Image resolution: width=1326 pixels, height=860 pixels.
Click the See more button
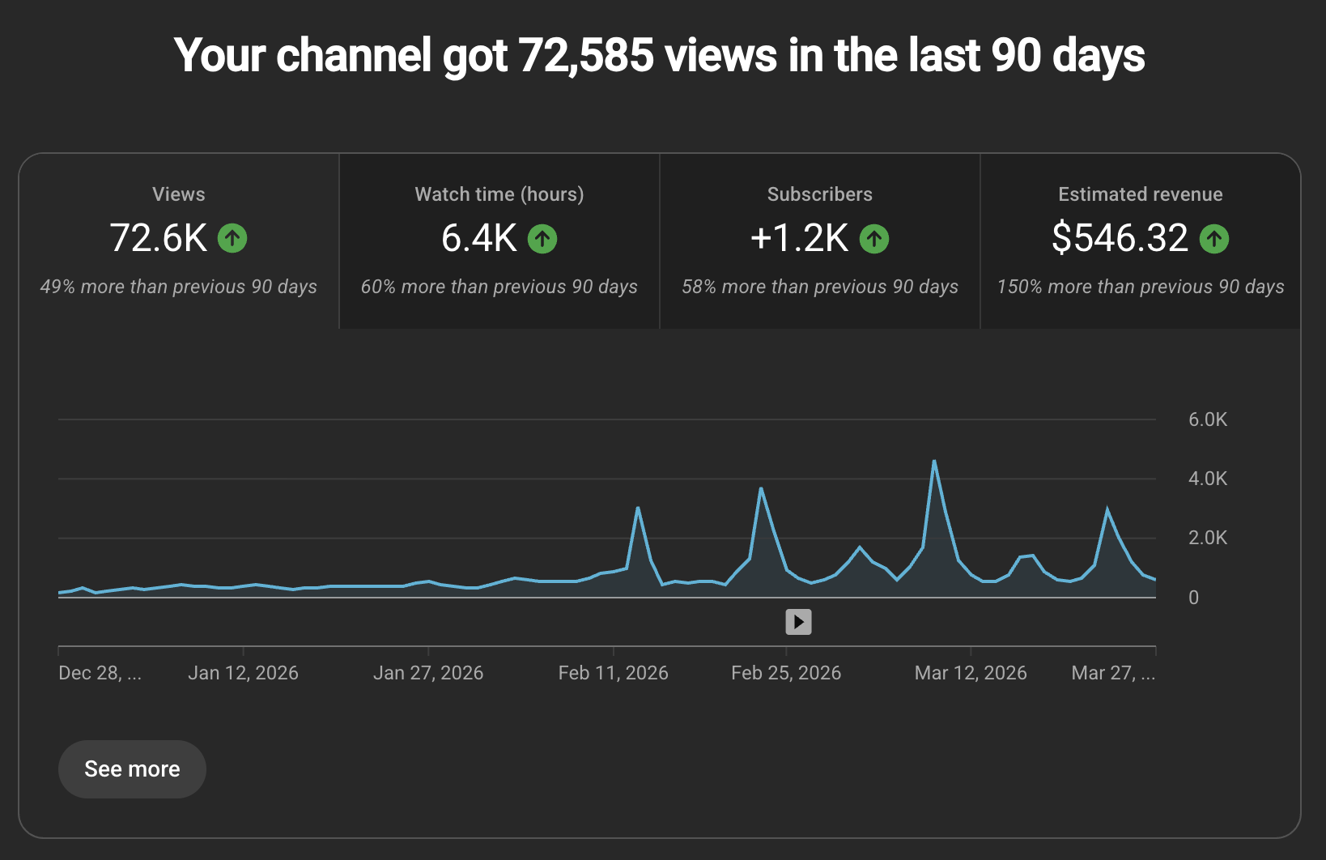point(132,768)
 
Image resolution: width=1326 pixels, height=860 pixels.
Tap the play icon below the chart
point(798,622)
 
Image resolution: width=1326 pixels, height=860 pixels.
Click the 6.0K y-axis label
point(1207,419)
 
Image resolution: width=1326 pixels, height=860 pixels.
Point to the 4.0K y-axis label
point(1207,479)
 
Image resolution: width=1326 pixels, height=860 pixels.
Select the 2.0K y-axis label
point(1207,538)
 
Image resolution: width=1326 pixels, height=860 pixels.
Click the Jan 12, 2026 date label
point(243,673)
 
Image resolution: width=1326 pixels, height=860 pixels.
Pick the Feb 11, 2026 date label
point(613,673)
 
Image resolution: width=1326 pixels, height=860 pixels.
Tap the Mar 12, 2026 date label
point(970,673)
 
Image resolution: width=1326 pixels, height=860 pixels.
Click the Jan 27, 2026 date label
point(427,673)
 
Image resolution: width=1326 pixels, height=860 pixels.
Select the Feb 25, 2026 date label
point(785,673)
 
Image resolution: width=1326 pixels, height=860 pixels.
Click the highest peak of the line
point(934,462)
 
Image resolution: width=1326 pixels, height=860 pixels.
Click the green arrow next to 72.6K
point(232,238)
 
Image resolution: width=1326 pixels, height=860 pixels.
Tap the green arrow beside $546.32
point(1213,239)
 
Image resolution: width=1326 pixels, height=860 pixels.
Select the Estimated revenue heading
point(1140,194)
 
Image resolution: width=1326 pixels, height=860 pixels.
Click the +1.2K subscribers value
point(799,238)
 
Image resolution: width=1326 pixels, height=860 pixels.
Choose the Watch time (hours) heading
point(499,194)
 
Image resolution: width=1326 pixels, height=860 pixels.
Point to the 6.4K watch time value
point(479,238)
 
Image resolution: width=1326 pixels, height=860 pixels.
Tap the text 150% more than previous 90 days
point(1140,287)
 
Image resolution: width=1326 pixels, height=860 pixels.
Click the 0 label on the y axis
point(1192,598)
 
